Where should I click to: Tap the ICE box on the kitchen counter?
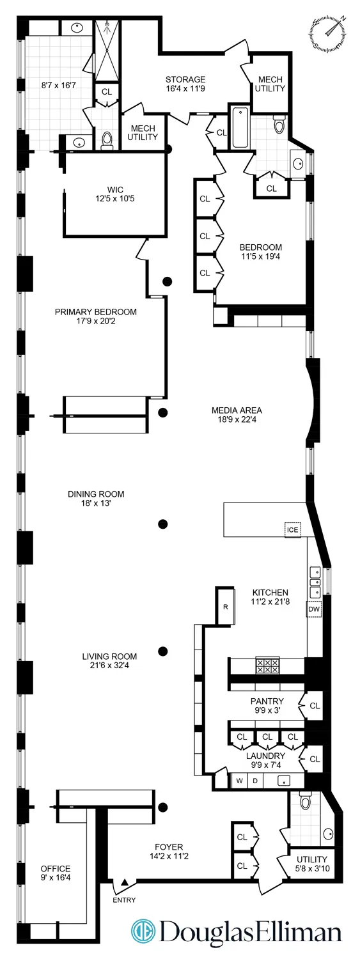click(x=292, y=529)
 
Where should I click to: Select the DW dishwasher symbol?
click(x=314, y=610)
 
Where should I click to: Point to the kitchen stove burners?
click(x=267, y=666)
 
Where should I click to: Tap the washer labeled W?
click(x=240, y=781)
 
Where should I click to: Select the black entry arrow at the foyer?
click(x=125, y=883)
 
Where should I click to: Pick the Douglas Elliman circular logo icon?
click(x=144, y=932)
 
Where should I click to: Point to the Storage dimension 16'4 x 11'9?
click(x=185, y=90)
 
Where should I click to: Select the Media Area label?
click(x=237, y=410)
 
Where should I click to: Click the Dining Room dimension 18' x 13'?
click(x=96, y=503)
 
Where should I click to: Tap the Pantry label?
click(x=267, y=701)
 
